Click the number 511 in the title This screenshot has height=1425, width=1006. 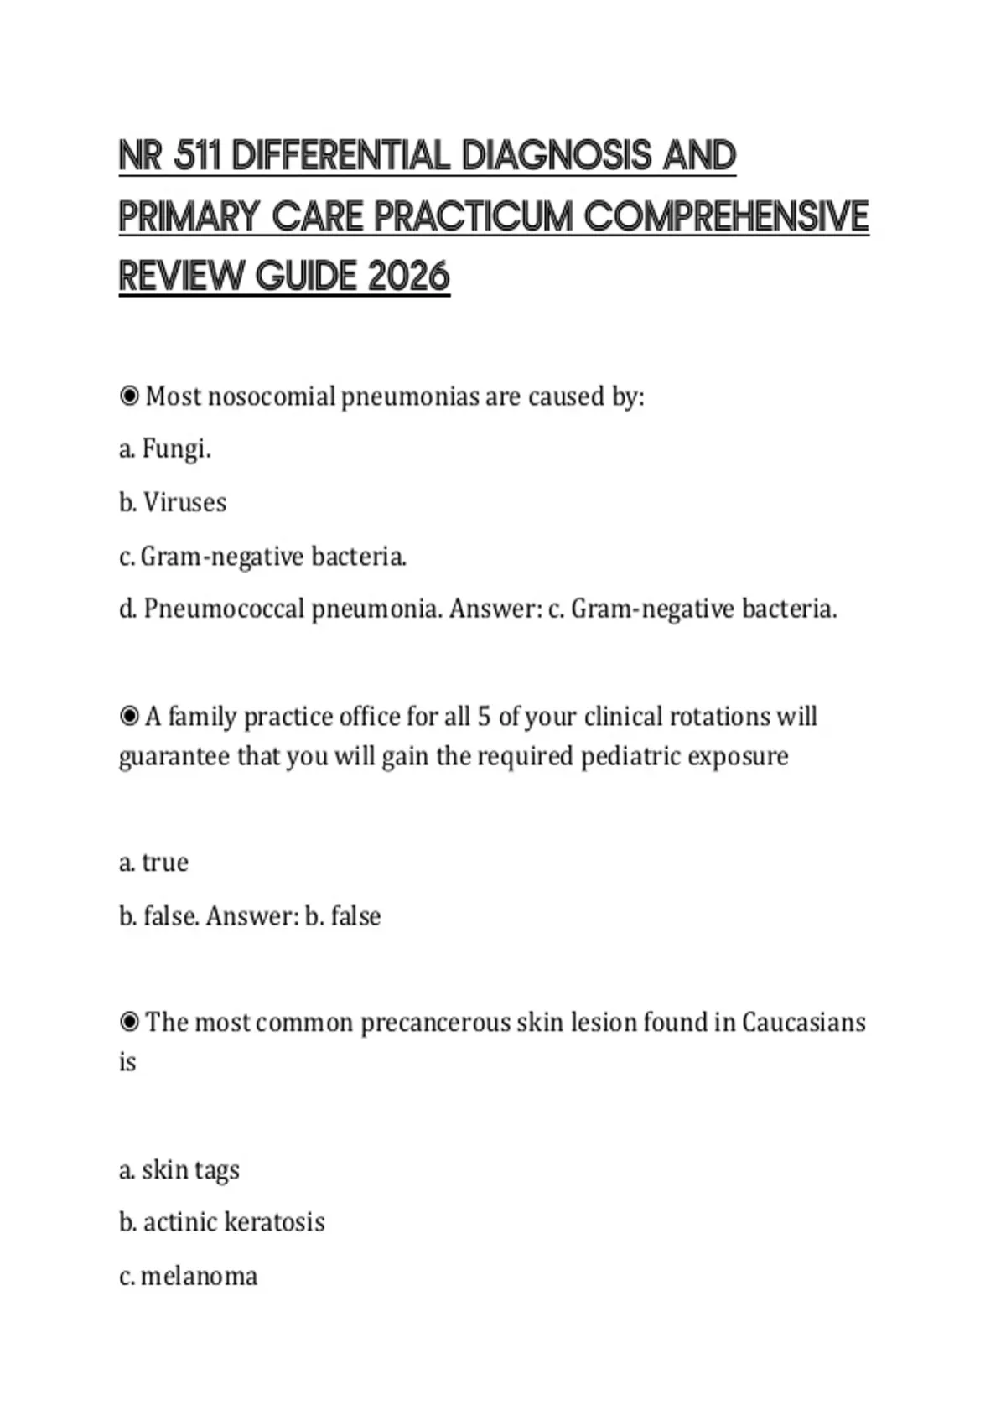(x=198, y=156)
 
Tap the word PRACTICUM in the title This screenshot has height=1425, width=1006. (x=474, y=216)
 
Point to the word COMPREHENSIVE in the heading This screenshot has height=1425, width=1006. (x=726, y=216)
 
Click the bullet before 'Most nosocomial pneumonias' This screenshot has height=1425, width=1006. (x=129, y=396)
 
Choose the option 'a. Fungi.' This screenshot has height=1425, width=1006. (x=165, y=449)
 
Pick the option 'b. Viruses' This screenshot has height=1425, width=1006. (x=173, y=502)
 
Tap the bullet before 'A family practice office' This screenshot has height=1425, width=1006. (x=129, y=717)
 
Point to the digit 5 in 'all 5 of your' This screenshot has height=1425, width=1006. (x=484, y=717)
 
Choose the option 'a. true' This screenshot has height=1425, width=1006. (x=154, y=862)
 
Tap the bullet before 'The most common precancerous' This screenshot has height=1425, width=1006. (x=129, y=1022)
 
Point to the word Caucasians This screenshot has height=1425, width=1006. (x=804, y=1022)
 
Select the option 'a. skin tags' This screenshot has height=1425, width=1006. (x=179, y=1169)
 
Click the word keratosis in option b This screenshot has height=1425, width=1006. (x=275, y=1222)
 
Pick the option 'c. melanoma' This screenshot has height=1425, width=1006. (x=189, y=1276)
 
